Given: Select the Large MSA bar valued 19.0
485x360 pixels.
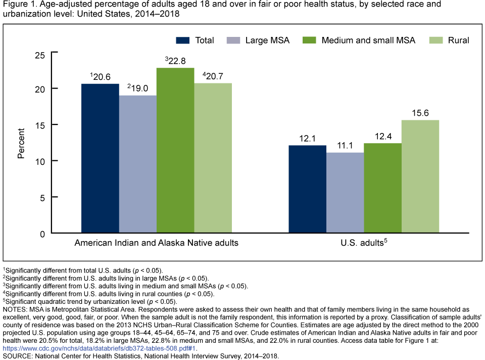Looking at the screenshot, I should pyautogui.click(x=138, y=164).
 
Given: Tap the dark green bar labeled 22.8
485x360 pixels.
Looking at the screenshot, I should pyautogui.click(x=175, y=150).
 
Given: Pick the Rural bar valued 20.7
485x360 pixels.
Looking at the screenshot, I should pyautogui.click(x=213, y=158).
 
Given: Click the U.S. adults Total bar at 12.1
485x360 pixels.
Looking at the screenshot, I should pyautogui.click(x=307, y=189).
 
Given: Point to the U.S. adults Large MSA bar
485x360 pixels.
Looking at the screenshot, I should pyautogui.click(x=345, y=193).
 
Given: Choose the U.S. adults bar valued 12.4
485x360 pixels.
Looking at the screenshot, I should pyautogui.click(x=382, y=188).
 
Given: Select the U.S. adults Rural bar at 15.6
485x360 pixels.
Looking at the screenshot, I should pyautogui.click(x=420, y=176).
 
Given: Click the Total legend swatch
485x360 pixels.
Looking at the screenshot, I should pyautogui.click(x=182, y=40).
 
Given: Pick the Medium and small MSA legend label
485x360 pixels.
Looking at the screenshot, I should pyautogui.click(x=368, y=40).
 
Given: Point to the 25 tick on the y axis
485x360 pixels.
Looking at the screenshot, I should pyautogui.click(x=39, y=55).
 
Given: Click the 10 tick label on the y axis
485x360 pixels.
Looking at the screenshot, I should pyautogui.click(x=39, y=161).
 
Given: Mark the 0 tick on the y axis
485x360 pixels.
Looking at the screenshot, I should pyautogui.click(x=42, y=233).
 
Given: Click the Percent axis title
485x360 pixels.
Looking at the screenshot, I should pyautogui.click(x=21, y=144).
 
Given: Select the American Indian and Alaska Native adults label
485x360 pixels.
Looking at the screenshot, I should pyautogui.click(x=157, y=243).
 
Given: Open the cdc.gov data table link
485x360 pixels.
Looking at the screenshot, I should pyautogui.click(x=100, y=348).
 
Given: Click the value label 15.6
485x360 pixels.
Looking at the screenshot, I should pyautogui.click(x=420, y=114).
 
